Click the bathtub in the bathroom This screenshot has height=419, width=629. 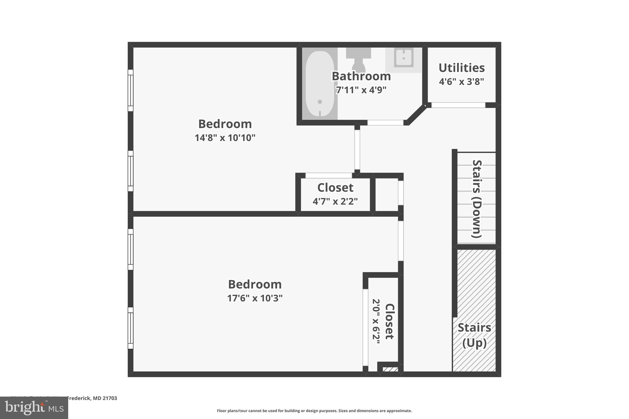pyautogui.click(x=320, y=83)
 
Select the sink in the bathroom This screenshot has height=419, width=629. pyautogui.click(x=404, y=58)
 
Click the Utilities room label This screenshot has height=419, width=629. pyautogui.click(x=461, y=68)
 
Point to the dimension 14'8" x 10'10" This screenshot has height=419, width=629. pyautogui.click(x=225, y=138)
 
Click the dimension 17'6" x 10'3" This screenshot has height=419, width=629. pyautogui.click(x=255, y=298)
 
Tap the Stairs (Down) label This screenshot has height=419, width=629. pyautogui.click(x=477, y=199)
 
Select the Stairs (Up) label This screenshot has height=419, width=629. pyautogui.click(x=474, y=335)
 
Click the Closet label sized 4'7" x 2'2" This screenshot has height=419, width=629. pyautogui.click(x=335, y=188)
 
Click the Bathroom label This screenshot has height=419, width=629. pyautogui.click(x=361, y=76)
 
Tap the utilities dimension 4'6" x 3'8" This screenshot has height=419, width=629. pyautogui.click(x=461, y=82)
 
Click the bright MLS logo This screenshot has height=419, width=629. pyautogui.click(x=34, y=408)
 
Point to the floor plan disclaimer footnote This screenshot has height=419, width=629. pyautogui.click(x=314, y=411)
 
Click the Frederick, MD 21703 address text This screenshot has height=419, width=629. pyautogui.click(x=92, y=398)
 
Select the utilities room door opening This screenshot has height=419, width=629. pyautogui.click(x=458, y=105)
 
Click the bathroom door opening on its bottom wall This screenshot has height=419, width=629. pyautogui.click(x=385, y=123)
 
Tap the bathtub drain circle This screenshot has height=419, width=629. pyautogui.click(x=320, y=102)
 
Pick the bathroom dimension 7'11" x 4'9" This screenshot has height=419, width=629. pyautogui.click(x=361, y=90)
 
